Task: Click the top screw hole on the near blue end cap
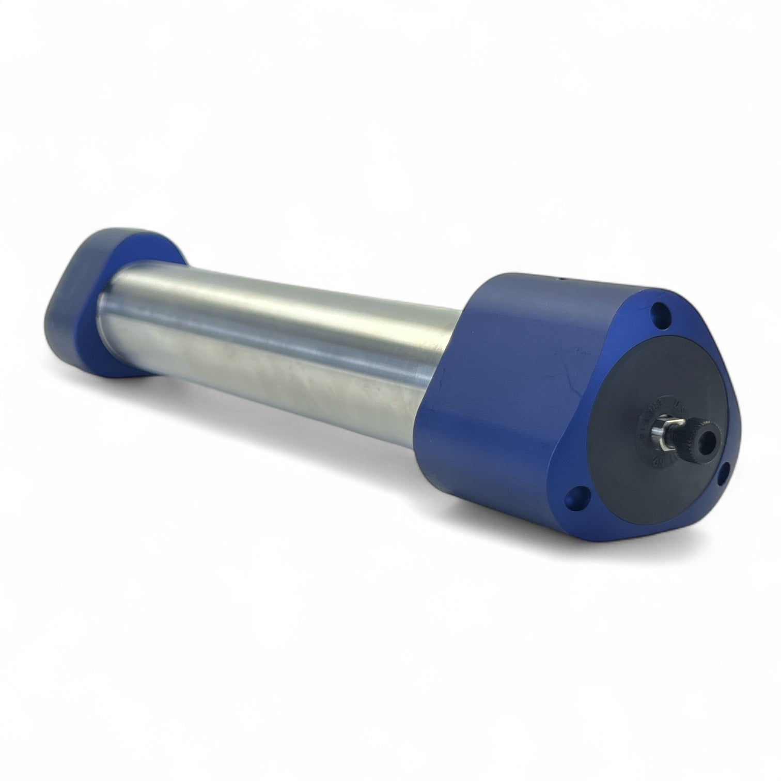tap(658, 313)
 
